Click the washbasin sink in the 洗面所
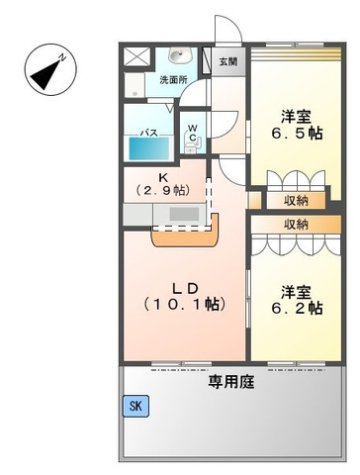click(179, 56)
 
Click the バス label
click(149, 129)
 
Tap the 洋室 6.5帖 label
click(297, 124)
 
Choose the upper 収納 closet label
click(295, 199)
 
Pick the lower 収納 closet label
click(295, 225)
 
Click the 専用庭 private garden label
click(230, 382)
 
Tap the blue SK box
click(134, 405)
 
